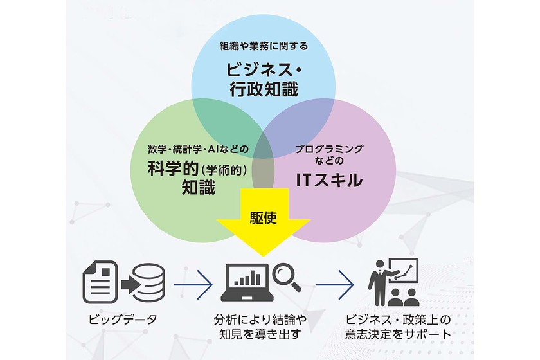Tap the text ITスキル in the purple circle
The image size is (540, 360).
click(328, 179)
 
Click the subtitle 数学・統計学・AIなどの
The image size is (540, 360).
click(198, 149)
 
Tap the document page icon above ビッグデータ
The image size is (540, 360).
click(98, 282)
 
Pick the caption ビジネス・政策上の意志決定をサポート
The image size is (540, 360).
click(396, 327)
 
